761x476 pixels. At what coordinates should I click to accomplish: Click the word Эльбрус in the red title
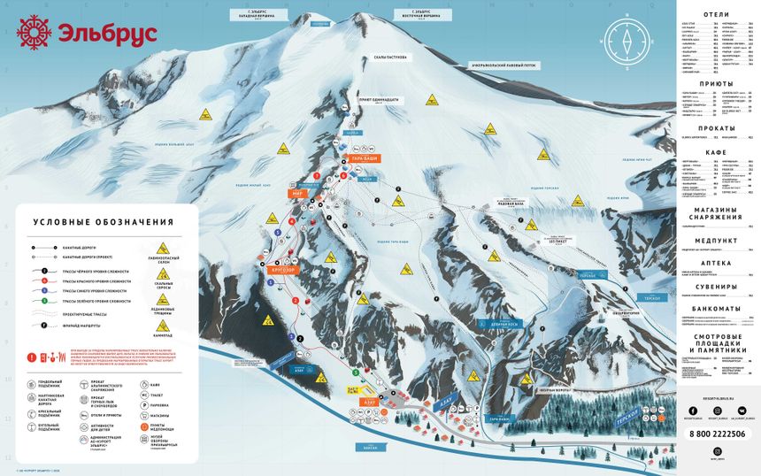pyautogui.click(x=107, y=35)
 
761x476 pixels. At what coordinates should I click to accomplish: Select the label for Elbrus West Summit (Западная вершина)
pyautogui.click(x=258, y=15)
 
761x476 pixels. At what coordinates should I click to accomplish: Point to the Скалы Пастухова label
pyautogui.click(x=389, y=57)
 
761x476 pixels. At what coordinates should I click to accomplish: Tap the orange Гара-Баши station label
pyautogui.click(x=365, y=158)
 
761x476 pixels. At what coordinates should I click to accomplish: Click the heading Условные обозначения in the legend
pyautogui.click(x=103, y=222)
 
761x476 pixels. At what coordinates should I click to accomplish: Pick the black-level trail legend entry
pyautogui.click(x=88, y=272)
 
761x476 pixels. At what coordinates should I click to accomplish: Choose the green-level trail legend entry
pyautogui.click(x=88, y=301)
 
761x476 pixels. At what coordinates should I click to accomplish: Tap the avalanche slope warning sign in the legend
pyautogui.click(x=164, y=249)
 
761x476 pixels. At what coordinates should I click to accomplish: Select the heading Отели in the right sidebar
pyautogui.click(x=716, y=15)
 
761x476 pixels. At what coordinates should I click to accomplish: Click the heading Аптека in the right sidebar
pyautogui.click(x=716, y=263)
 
